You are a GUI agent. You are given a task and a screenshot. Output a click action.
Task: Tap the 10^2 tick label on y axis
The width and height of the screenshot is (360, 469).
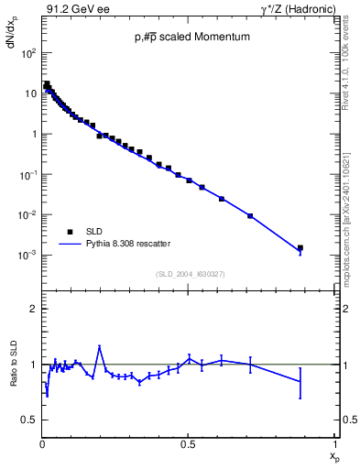point(27,53)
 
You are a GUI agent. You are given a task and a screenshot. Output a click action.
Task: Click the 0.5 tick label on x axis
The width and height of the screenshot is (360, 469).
point(188,443)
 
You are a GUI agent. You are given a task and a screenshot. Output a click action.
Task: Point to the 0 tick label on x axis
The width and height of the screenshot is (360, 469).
point(42,443)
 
